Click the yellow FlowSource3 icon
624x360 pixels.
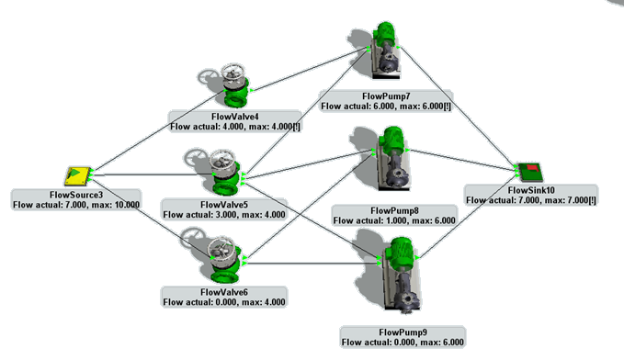click(x=78, y=175)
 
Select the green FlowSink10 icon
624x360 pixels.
click(x=530, y=172)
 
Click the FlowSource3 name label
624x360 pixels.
click(x=76, y=195)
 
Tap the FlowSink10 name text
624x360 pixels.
click(x=531, y=190)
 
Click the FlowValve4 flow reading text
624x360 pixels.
click(x=235, y=127)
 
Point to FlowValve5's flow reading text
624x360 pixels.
click(x=224, y=214)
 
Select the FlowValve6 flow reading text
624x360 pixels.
click(x=224, y=302)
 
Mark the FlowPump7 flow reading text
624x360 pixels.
click(x=386, y=107)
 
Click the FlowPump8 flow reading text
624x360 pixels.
click(x=394, y=220)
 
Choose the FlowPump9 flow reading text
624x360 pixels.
click(x=403, y=343)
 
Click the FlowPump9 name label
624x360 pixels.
click(x=403, y=332)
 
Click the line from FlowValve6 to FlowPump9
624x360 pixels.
click(x=312, y=264)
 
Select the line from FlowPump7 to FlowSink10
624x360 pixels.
click(x=459, y=109)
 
